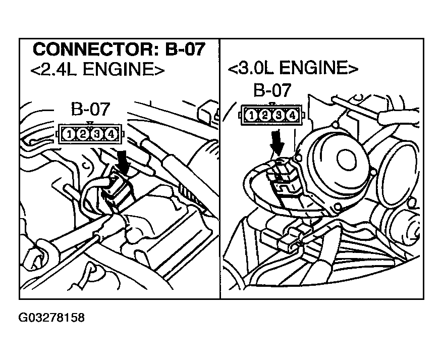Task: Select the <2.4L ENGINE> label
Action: click(97, 69)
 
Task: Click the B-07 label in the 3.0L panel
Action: click(272, 91)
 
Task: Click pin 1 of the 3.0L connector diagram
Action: click(251, 116)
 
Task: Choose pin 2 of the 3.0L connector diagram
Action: click(264, 116)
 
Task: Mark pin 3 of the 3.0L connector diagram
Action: click(278, 116)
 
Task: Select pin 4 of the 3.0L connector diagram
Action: click(292, 116)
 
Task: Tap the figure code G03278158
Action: click(51, 318)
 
